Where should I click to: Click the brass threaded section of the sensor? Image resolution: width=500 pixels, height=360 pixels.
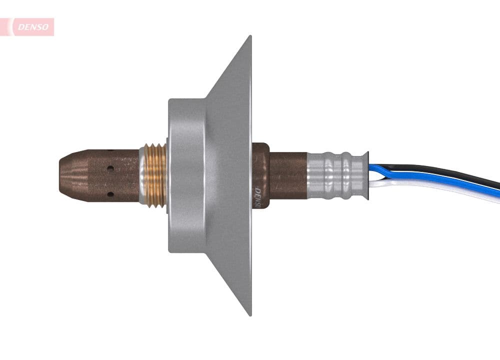[x=155, y=174]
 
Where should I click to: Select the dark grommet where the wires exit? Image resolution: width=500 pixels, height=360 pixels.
[x=365, y=175]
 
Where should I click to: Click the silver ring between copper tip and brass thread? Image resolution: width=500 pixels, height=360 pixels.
[x=142, y=174]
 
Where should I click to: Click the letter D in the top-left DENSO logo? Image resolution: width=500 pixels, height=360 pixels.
[x=20, y=27]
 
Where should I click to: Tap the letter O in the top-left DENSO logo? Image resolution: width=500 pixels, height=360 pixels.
[x=46, y=27]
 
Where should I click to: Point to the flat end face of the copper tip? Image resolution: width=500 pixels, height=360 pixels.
[x=60, y=175]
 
